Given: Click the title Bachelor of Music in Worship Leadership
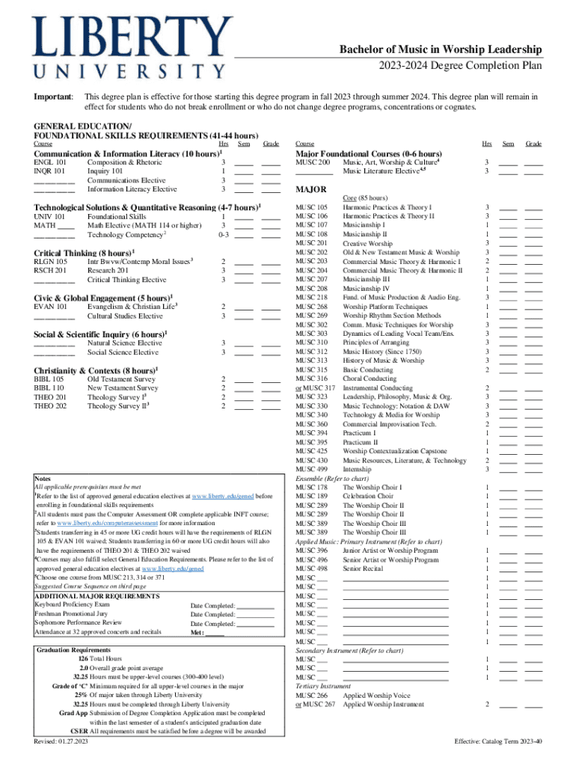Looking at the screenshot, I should (441, 49).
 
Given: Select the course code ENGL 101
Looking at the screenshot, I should (51, 162).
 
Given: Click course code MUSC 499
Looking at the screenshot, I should (312, 469).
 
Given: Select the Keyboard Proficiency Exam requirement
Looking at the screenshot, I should (73, 604).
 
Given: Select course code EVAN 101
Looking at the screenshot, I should (51, 307).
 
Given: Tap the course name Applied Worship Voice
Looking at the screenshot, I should (376, 695).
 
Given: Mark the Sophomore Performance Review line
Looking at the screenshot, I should (78, 622).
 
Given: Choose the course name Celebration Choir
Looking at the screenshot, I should (368, 496).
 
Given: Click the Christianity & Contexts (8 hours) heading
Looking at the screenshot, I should (94, 370).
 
